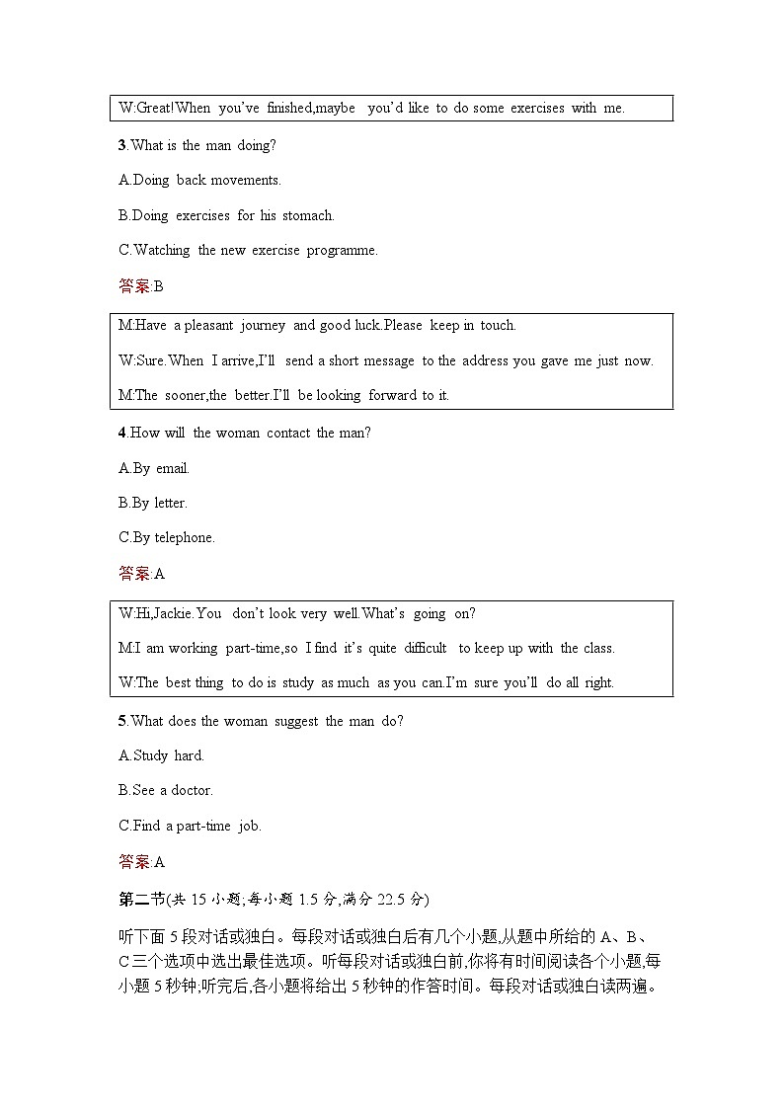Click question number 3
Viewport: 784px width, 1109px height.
click(x=121, y=145)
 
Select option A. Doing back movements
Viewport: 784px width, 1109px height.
click(x=199, y=180)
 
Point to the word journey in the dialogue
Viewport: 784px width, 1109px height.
click(x=262, y=325)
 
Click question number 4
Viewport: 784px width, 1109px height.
click(x=121, y=433)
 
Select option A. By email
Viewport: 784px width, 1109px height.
click(x=153, y=468)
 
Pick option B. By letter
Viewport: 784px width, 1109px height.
click(x=152, y=503)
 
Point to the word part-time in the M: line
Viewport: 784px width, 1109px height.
click(x=253, y=648)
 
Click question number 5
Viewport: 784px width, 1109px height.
click(x=121, y=721)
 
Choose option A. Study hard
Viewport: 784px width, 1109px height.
click(x=161, y=755)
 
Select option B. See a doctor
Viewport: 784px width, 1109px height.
click(x=165, y=790)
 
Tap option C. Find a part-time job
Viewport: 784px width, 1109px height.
click(x=190, y=826)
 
